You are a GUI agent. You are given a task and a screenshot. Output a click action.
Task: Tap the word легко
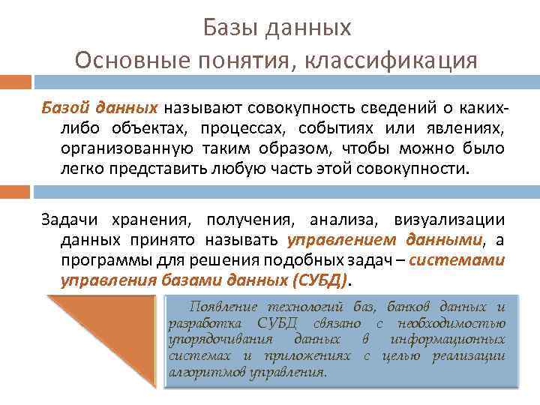83,169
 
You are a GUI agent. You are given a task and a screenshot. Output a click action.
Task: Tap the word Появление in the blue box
221,307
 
